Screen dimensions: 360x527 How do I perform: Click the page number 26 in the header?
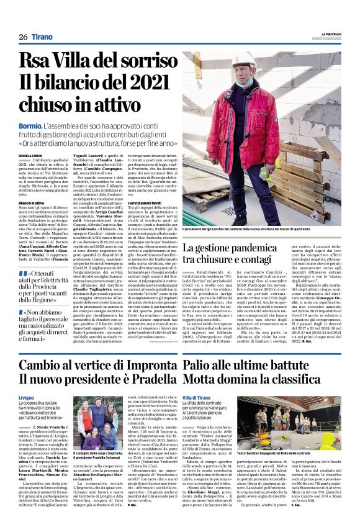coord(23,37)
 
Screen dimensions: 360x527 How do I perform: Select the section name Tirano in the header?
coord(43,37)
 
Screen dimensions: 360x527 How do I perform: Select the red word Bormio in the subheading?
coord(30,124)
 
